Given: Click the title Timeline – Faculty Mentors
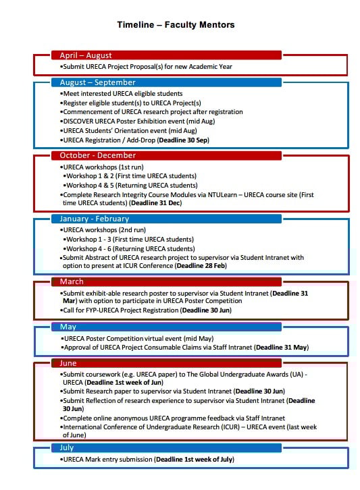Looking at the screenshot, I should pyautogui.click(x=176, y=25).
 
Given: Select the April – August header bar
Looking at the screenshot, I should pyautogui.click(x=165, y=55).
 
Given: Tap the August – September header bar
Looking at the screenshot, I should pyautogui.click(x=165, y=83).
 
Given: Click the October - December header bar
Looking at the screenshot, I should pyautogui.click(x=165, y=155).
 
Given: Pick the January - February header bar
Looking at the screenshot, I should pyautogui.click(x=165, y=219).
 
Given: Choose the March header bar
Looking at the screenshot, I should pyautogui.click(x=165, y=281).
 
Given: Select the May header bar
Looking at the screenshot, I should pyautogui.click(x=165, y=327).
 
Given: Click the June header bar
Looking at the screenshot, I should pyautogui.click(x=165, y=363).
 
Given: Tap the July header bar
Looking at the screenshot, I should pyautogui.click(x=165, y=447).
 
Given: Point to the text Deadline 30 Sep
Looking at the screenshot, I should pyautogui.click(x=184, y=140).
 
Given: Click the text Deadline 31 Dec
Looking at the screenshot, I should pyautogui.click(x=157, y=202).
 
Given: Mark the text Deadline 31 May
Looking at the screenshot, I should pyautogui.click(x=282, y=347).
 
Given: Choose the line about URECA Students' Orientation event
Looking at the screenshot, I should pyautogui.click(x=130, y=131).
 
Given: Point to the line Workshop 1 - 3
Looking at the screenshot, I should pyautogui.click(x=128, y=239).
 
